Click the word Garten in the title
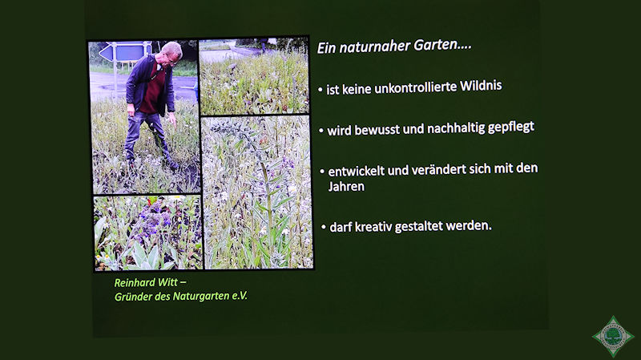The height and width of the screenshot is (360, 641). (x=442, y=44)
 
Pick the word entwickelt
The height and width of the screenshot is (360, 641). (x=356, y=171)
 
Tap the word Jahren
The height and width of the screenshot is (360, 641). (x=346, y=187)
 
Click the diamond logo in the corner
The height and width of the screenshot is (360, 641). (x=613, y=336)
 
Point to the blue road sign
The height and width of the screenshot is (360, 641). (x=123, y=52)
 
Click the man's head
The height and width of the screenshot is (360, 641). (x=171, y=53)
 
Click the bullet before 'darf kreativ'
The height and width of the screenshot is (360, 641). (x=324, y=227)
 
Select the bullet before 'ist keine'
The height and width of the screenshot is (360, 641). (x=320, y=90)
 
